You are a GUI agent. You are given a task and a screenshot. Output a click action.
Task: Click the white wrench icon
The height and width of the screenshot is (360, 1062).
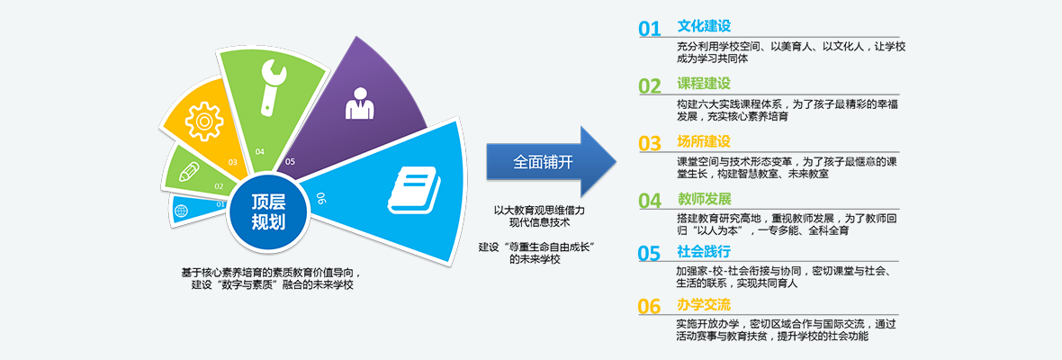(x=273, y=85)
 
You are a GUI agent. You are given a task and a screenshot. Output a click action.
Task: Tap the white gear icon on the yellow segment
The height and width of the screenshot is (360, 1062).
(x=204, y=121)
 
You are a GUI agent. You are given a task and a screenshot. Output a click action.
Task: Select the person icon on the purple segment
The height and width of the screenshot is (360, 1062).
(x=359, y=103)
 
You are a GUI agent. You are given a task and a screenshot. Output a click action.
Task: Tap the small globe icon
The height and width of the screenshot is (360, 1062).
(x=181, y=211)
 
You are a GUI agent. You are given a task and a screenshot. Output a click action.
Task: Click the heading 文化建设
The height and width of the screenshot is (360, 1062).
(x=705, y=26)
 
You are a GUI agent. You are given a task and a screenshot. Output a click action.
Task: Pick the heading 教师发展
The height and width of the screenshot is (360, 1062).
(x=705, y=199)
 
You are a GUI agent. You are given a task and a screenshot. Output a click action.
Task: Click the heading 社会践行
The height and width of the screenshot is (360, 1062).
(x=705, y=252)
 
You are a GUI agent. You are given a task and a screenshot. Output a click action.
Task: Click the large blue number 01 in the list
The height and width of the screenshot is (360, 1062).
(x=649, y=29)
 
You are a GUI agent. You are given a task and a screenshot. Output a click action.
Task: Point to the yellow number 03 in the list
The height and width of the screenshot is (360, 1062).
(x=649, y=143)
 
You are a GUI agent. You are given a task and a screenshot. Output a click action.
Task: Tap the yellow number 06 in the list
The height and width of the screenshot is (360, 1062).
(x=649, y=307)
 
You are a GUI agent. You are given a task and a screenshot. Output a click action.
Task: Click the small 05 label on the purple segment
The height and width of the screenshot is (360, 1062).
(x=291, y=162)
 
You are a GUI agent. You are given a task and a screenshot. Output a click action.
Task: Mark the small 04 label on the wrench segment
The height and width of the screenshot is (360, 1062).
(x=260, y=151)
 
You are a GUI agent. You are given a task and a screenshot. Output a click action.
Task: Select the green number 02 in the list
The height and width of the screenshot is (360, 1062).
(x=649, y=85)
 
